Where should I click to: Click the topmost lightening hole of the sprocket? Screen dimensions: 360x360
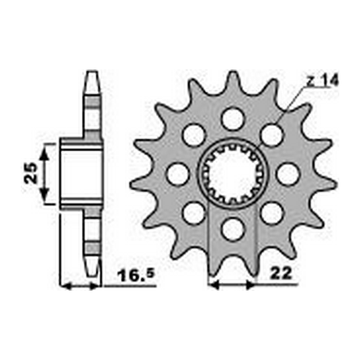tap(232, 119)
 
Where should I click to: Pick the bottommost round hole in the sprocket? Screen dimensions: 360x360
tap(232, 229)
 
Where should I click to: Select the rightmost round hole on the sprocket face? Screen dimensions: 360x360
tap(287, 174)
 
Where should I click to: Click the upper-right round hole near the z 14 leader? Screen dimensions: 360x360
tap(271, 135)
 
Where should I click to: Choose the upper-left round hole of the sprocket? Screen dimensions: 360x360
tap(194, 135)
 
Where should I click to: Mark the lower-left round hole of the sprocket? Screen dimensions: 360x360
tap(194, 213)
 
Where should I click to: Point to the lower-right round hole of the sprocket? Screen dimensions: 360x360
tap(271, 213)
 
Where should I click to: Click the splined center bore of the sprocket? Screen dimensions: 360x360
tap(232, 174)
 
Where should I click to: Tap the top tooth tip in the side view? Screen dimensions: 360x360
tap(91, 78)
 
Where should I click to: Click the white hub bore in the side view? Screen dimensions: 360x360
tap(80, 173)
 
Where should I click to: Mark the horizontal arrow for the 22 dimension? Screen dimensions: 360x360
tap(232, 284)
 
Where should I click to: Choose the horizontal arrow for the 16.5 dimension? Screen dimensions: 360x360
tap(82, 284)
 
